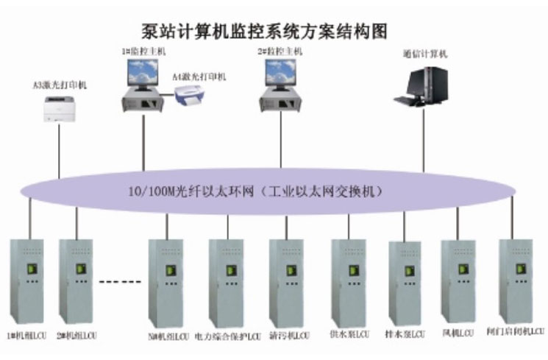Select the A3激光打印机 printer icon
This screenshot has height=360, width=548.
(x=60, y=110)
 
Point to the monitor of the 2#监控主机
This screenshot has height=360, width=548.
(x=282, y=74)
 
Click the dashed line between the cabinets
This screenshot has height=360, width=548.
(x=119, y=281)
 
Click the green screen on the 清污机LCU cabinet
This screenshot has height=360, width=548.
(x=286, y=271)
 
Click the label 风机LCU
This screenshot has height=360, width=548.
(x=457, y=333)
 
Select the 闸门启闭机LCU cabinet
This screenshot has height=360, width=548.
(x=515, y=280)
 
